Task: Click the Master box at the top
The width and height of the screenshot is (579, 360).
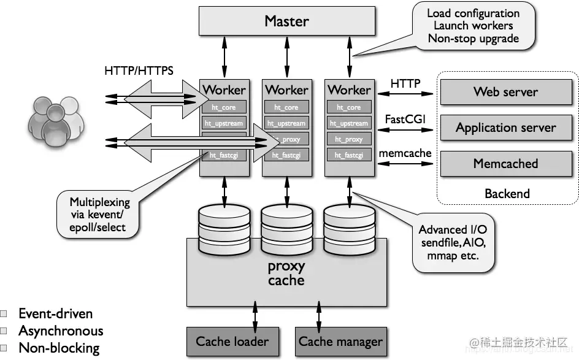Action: coord(286,21)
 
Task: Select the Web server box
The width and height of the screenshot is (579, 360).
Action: coord(505,92)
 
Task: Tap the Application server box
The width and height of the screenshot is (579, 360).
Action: coord(505,128)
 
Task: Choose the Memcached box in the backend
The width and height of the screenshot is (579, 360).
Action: coord(505,164)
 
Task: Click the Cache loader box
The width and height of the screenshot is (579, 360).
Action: coord(232,341)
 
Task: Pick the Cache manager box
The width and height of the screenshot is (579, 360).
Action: coord(340,341)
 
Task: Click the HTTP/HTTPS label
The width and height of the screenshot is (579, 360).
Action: coord(139,71)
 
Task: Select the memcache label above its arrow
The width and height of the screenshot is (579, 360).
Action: coord(405,153)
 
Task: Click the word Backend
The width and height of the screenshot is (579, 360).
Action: coord(507,194)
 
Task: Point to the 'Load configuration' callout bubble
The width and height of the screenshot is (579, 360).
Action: coord(473,26)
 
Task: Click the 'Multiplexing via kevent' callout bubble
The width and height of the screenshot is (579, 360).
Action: coord(99,214)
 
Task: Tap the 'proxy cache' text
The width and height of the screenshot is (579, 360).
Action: coord(286,274)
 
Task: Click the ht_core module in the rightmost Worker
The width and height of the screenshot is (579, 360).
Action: coord(348,107)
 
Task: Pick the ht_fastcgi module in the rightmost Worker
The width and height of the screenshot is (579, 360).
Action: coord(348,155)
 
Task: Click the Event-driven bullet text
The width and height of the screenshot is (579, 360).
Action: coord(55,314)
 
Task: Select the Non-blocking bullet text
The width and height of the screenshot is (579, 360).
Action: coord(59,348)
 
